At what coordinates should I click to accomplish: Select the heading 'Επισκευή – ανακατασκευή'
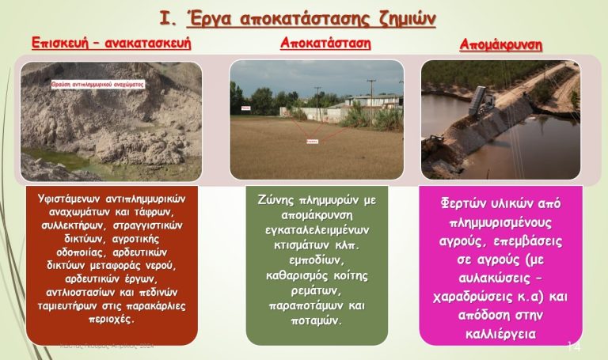coord(112,43)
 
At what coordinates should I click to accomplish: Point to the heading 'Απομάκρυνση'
coord(501,45)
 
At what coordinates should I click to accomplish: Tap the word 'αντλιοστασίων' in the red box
coord(84,294)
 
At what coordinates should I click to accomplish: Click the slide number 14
coord(575,346)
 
